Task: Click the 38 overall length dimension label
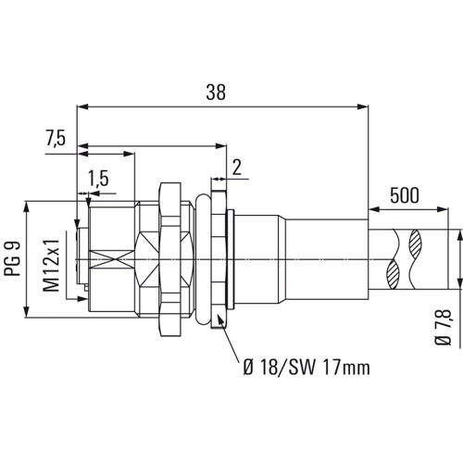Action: pyautogui.click(x=216, y=92)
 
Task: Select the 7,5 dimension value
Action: pyautogui.click(x=56, y=138)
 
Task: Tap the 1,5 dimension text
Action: pyautogui.click(x=98, y=179)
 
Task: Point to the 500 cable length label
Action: pyautogui.click(x=405, y=195)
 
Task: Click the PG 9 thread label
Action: pyautogui.click(x=13, y=258)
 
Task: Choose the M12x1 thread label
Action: pyautogui.click(x=51, y=266)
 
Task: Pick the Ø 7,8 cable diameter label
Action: pyautogui.click(x=444, y=327)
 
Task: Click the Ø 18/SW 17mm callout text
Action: pyautogui.click(x=307, y=367)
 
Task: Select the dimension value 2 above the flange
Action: pyautogui.click(x=237, y=168)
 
